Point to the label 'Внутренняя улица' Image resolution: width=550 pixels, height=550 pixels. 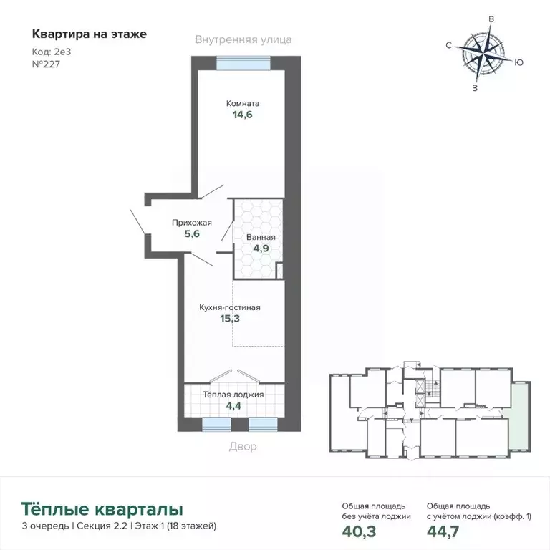[x=243, y=40]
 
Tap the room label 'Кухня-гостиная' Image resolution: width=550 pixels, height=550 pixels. [x=229, y=307]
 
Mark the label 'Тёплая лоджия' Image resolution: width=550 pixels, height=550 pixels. [x=233, y=395]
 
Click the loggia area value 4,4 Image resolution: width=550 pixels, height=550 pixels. [x=234, y=406]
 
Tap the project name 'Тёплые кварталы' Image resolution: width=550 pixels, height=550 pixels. [x=102, y=509]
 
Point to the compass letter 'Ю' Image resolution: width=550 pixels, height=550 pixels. [x=519, y=62]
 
